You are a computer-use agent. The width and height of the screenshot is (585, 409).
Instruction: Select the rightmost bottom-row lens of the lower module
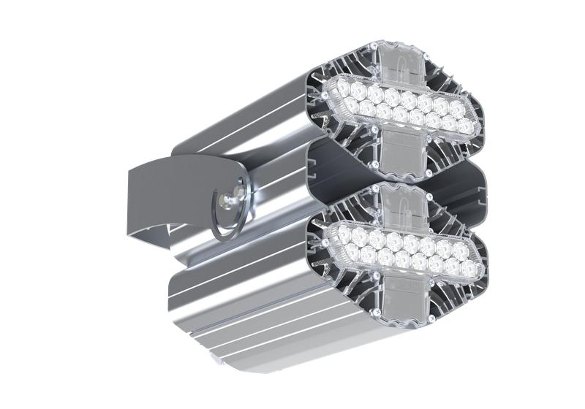tap(466, 268)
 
